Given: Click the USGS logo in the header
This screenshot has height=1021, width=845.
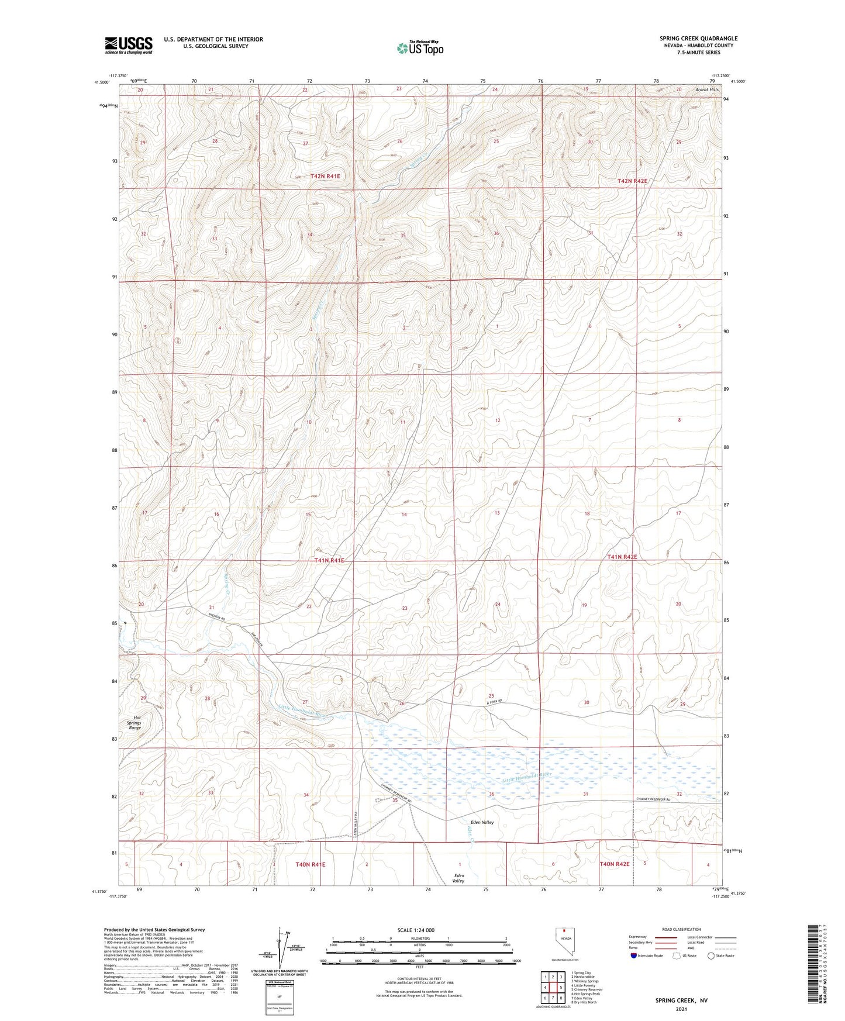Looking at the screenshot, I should [x=128, y=45].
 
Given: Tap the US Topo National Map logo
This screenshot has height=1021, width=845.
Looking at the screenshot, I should [x=419, y=48].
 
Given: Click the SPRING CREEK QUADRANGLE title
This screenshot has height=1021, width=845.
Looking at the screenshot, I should [x=698, y=39].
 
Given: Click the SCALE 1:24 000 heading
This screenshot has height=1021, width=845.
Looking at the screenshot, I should [x=416, y=930].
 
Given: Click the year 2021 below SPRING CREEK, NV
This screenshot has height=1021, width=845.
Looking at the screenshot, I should [x=681, y=1009].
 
